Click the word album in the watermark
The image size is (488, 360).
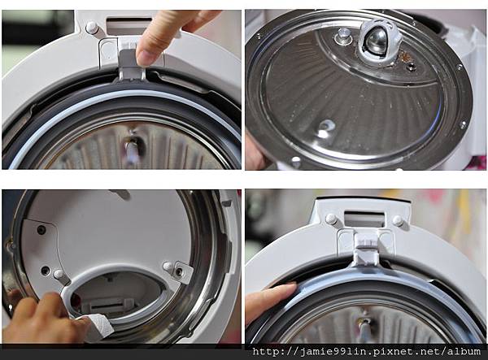[x=464, y=352]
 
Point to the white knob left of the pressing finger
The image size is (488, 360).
[x=92, y=28]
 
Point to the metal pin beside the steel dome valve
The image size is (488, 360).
[x=344, y=34]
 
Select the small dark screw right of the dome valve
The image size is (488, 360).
[x=412, y=66]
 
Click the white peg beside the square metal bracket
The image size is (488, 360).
[x=168, y=266]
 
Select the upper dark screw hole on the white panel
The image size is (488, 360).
[x=41, y=230]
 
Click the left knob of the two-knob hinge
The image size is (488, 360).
[x=331, y=219]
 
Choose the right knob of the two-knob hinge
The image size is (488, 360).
[x=398, y=220]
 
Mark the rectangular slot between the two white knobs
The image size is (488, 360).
[x=364, y=219]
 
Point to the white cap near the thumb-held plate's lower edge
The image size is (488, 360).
[x=295, y=161]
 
